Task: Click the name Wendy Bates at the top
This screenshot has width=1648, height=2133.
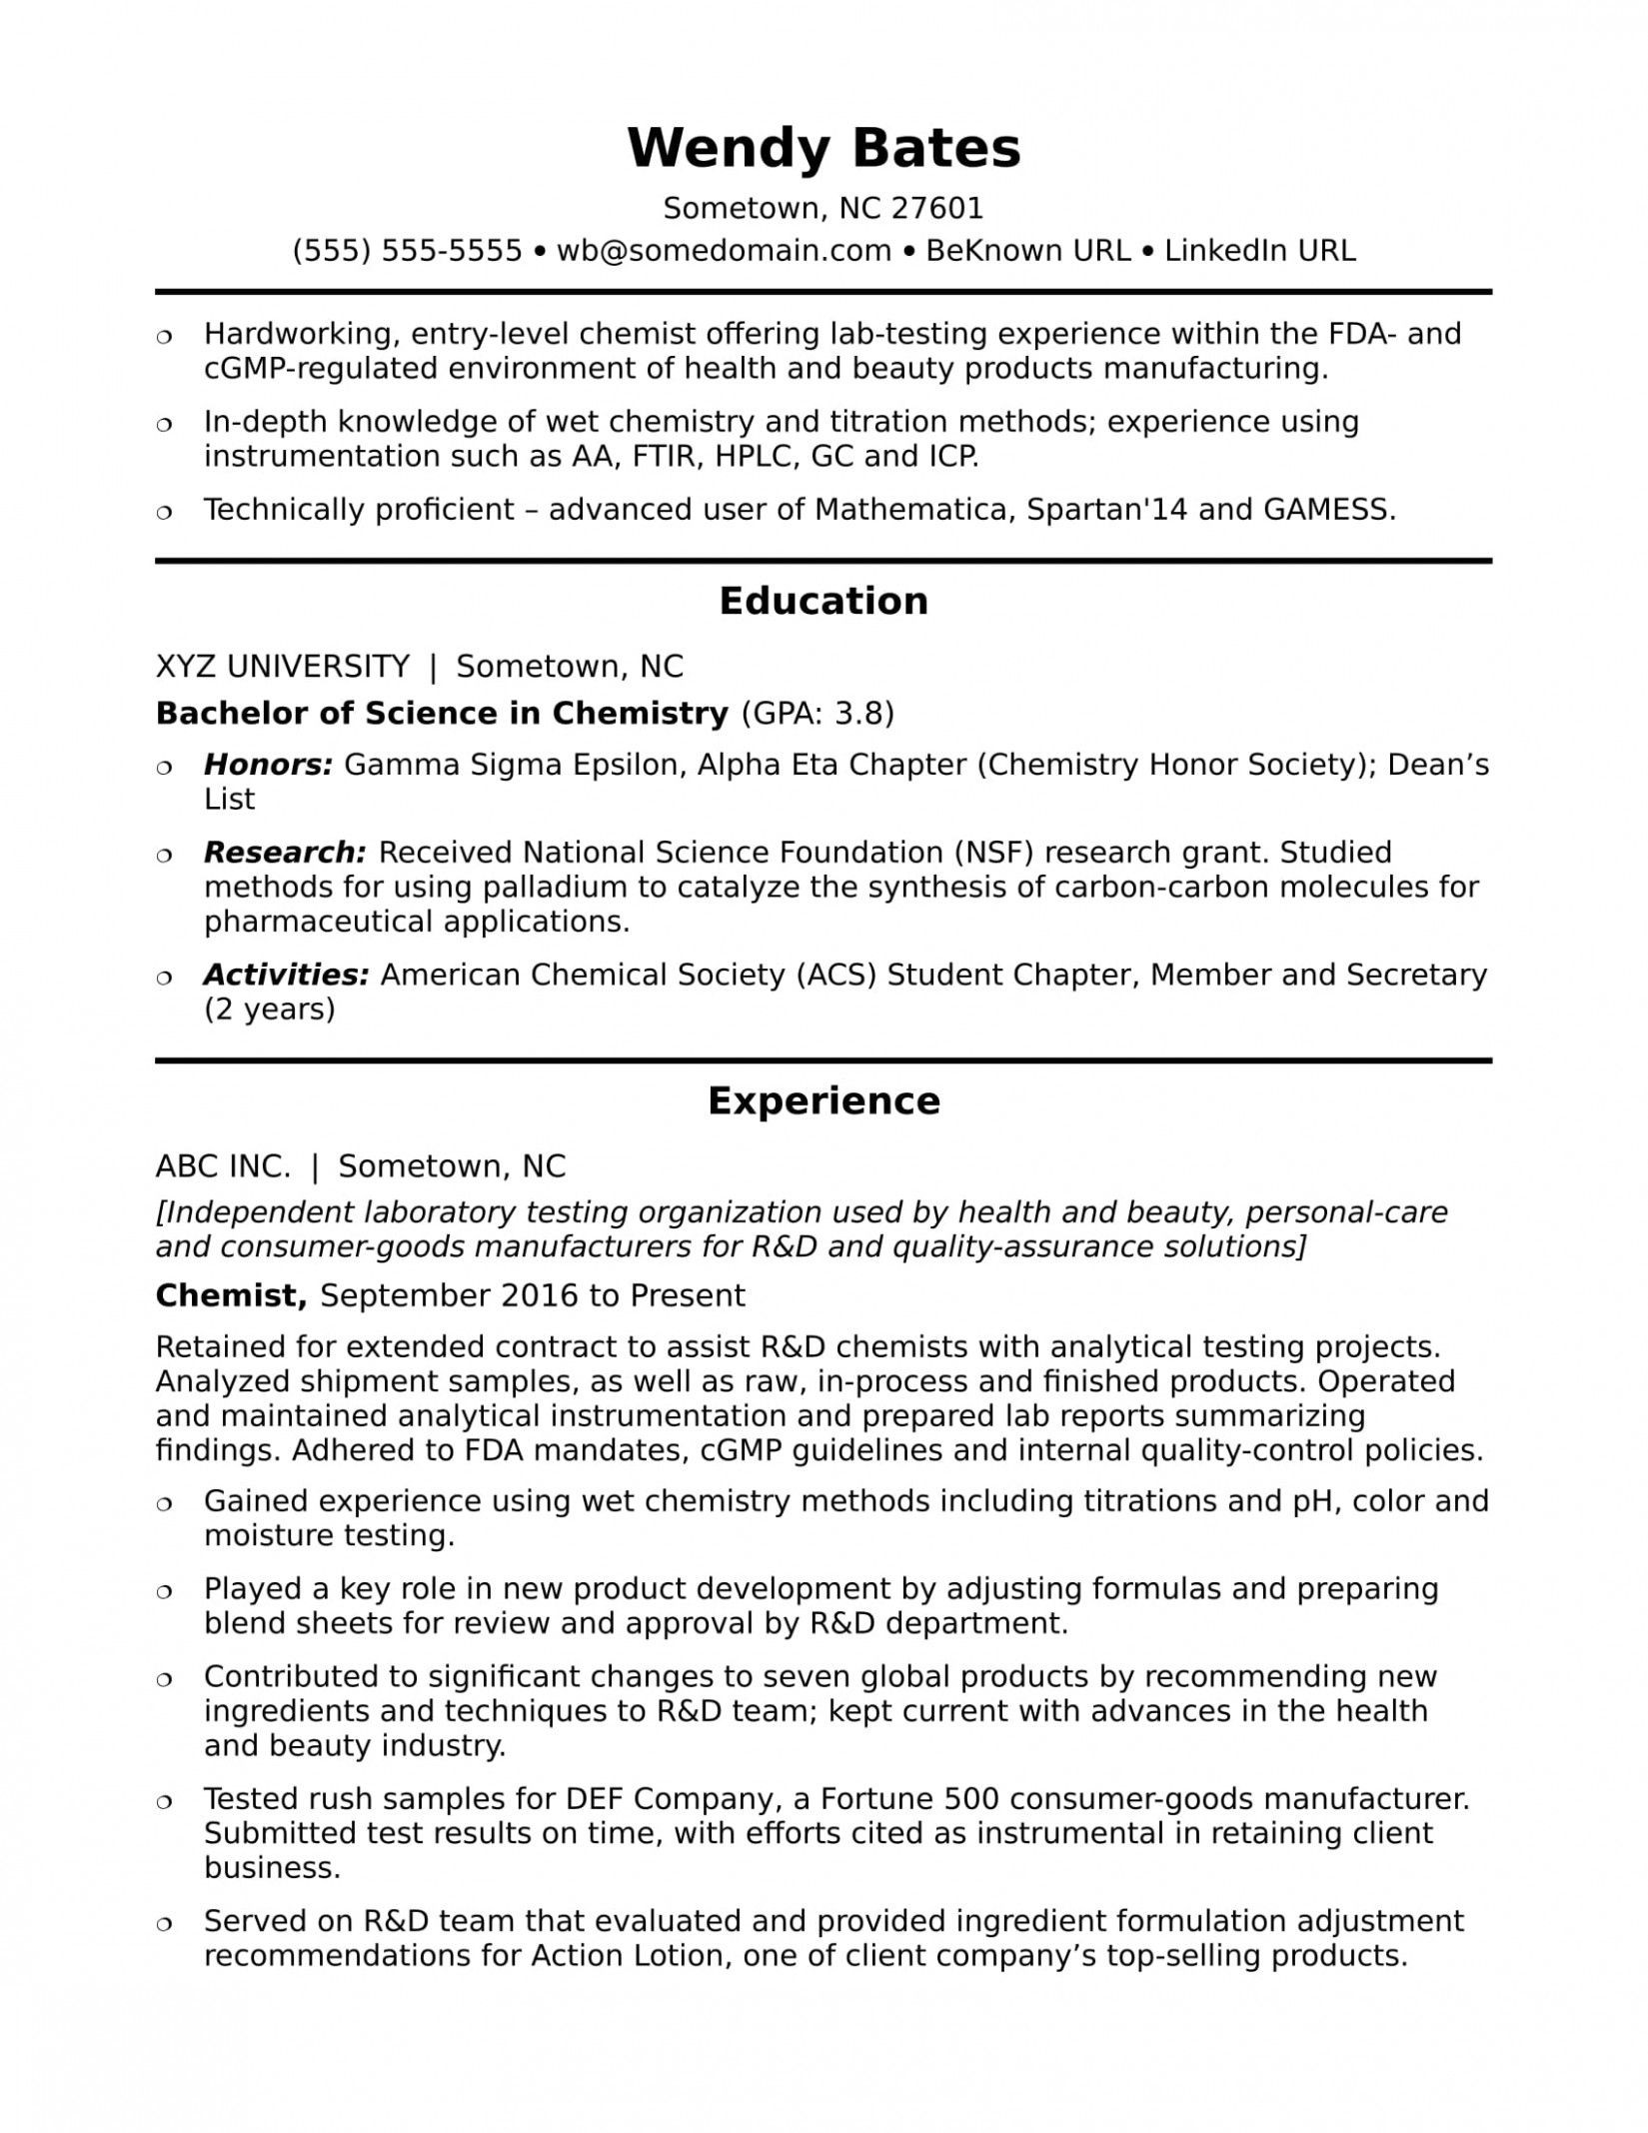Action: click(x=824, y=148)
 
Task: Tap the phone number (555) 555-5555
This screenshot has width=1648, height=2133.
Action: click(x=408, y=250)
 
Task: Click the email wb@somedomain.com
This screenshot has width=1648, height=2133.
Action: click(x=724, y=250)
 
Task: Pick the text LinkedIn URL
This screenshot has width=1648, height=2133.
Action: click(x=1260, y=250)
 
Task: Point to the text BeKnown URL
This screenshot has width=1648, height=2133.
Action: click(x=1028, y=250)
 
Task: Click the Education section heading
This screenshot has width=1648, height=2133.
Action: click(x=824, y=601)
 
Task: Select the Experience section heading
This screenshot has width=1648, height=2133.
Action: click(x=824, y=1100)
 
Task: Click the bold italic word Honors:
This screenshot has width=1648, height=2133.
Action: click(x=268, y=765)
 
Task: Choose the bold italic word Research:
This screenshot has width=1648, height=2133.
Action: click(x=285, y=853)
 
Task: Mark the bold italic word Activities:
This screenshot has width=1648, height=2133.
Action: click(x=287, y=975)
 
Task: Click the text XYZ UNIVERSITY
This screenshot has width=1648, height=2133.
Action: click(x=283, y=666)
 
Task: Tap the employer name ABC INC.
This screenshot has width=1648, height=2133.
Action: click(x=224, y=1165)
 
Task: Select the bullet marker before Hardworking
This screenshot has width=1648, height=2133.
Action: click(x=165, y=336)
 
